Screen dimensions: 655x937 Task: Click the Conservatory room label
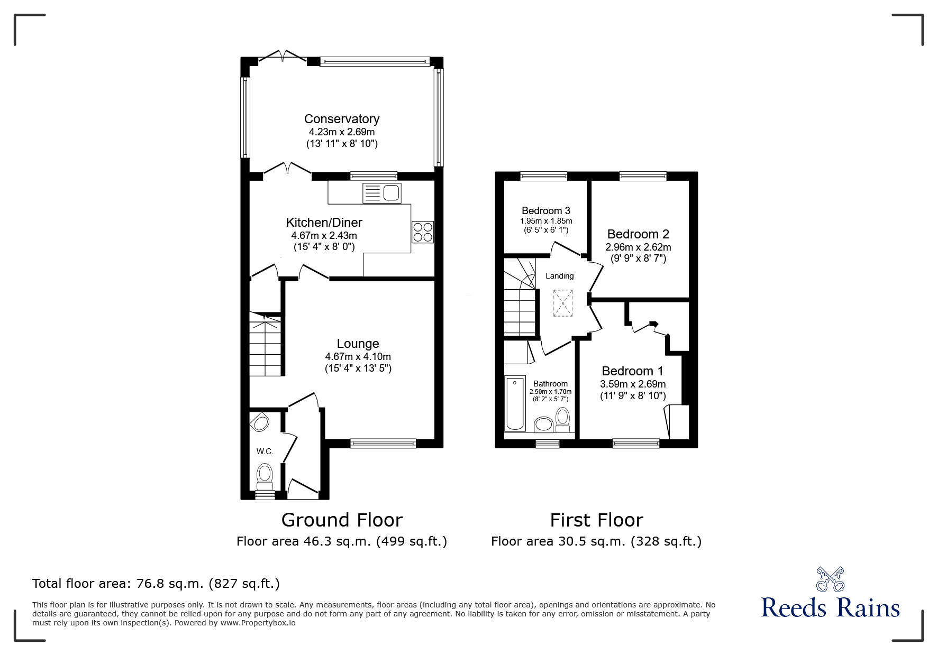341,119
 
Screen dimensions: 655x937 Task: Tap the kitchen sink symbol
382,193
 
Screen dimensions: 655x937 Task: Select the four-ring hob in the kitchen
423,232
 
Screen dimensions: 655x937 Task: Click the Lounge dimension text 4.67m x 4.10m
358,357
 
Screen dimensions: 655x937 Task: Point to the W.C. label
265,451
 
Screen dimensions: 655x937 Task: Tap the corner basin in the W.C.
260,422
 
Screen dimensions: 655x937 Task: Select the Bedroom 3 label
545,211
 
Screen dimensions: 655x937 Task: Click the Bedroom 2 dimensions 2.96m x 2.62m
638,247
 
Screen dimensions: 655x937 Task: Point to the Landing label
559,276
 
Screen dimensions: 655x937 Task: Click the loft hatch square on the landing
562,303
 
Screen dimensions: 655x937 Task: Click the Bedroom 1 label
632,371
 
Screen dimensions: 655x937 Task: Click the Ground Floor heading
342,520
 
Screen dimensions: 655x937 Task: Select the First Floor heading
596,520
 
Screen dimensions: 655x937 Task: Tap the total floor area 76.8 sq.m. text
156,584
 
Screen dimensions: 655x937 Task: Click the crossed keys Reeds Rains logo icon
830,579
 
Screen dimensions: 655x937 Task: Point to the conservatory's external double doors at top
283,56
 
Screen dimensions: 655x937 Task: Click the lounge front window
383,444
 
